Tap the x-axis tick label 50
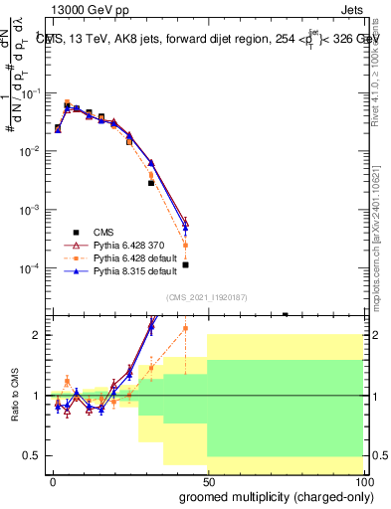pos(207,480)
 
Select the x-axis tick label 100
pos(361,480)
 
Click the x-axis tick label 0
pos(53,480)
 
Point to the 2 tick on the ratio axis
pos(36,335)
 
